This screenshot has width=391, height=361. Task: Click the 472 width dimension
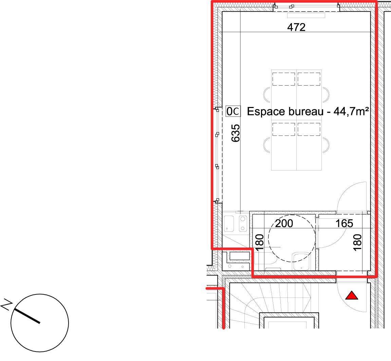pos(296,27)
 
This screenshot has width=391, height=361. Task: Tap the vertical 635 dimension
pos(236,133)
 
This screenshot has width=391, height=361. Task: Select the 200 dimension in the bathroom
pos(284,223)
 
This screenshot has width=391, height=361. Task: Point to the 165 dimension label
pos(344,223)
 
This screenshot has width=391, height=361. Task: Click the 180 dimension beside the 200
pos(260,242)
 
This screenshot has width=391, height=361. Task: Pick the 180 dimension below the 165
pos(357,242)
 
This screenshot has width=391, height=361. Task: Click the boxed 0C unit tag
pos(233,111)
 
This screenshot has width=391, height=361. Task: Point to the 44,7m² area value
pos(351,111)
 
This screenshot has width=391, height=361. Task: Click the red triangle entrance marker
pos(352,295)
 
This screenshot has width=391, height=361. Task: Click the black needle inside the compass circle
pos(27,316)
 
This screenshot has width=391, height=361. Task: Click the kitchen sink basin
pos(229,224)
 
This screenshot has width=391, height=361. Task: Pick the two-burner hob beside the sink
pos(243,224)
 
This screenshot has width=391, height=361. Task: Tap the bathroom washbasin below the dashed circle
pos(301,261)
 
